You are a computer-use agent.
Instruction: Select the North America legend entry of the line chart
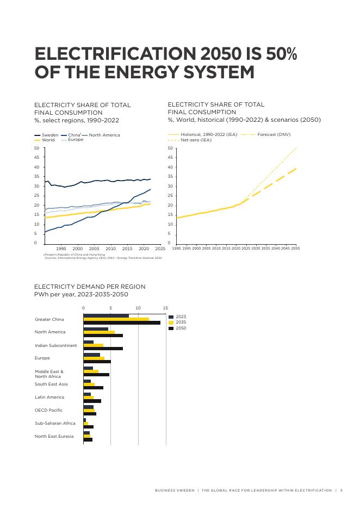pyautogui.click(x=104, y=135)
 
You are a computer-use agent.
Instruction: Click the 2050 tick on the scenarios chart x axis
pyautogui.click(x=295, y=248)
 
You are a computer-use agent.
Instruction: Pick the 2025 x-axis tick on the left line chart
pyautogui.click(x=160, y=248)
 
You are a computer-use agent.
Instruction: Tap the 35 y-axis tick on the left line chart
pyautogui.click(x=36, y=176)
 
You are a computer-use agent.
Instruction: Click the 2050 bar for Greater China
pyautogui.click(x=122, y=322)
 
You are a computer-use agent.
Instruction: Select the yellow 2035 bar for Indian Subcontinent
pyautogui.click(x=93, y=345)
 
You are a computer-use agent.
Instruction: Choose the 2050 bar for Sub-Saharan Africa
pyautogui.click(x=88, y=427)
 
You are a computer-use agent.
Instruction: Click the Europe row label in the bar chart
pyautogui.click(x=42, y=358)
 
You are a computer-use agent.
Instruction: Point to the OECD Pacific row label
pyautogui.click(x=48, y=410)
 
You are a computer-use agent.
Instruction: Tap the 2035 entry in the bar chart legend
pyautogui.click(x=181, y=322)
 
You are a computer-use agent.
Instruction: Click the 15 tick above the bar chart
pyautogui.click(x=165, y=308)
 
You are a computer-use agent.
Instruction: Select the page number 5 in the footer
pyautogui.click(x=341, y=490)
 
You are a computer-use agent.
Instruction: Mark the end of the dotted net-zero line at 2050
pyautogui.click(x=296, y=147)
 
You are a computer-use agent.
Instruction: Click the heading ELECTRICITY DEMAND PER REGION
pyautogui.click(x=90, y=287)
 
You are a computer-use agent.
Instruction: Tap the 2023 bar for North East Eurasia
pyautogui.click(x=86, y=433)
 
